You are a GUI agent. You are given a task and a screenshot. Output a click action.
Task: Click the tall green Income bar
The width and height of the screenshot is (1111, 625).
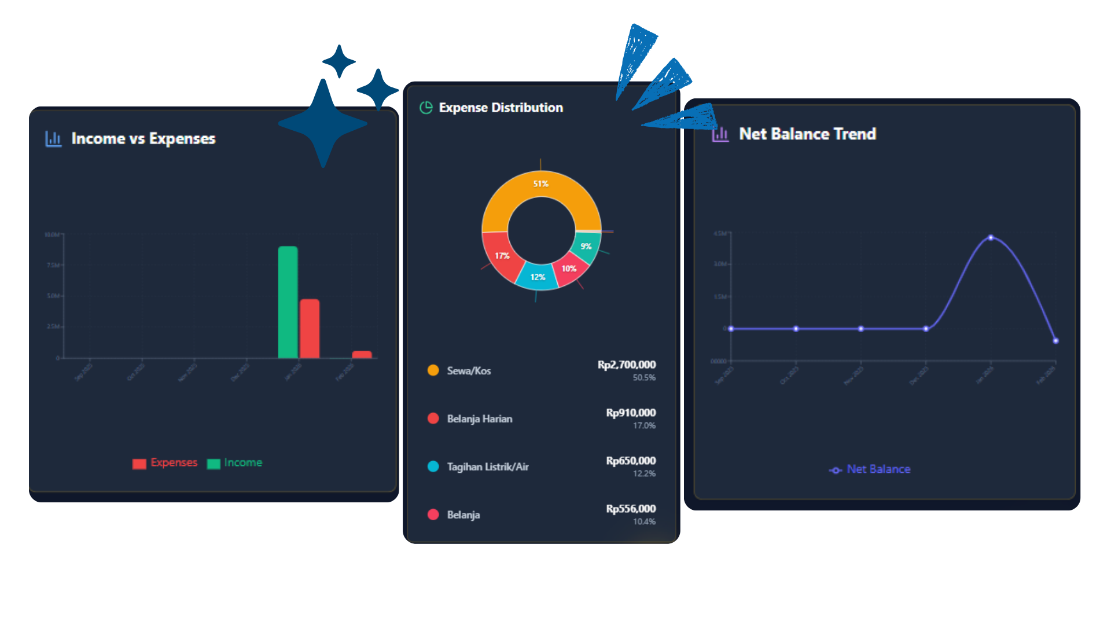[x=288, y=302]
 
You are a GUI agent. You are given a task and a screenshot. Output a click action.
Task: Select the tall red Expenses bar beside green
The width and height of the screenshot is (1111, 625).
[x=310, y=328]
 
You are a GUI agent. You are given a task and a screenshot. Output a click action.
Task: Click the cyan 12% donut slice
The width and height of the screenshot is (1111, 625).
[x=536, y=277]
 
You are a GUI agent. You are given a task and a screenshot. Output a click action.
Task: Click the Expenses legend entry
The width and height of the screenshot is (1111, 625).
[x=165, y=463]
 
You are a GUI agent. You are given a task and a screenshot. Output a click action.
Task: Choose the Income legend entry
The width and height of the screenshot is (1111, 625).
[x=235, y=463]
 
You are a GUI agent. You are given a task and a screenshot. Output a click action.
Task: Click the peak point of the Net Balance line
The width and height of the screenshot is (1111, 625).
[x=991, y=238]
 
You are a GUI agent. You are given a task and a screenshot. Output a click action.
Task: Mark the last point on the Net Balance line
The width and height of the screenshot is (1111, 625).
[x=1055, y=341]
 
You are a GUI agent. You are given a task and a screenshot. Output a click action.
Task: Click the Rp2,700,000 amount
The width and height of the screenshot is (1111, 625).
[x=627, y=365]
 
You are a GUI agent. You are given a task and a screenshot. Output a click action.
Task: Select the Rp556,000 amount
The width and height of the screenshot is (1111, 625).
[x=631, y=509]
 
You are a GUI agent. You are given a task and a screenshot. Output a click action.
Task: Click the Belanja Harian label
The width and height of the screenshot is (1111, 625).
[x=479, y=419]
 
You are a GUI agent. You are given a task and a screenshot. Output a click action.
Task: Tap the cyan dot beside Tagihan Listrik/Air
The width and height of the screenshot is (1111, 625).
[x=433, y=466]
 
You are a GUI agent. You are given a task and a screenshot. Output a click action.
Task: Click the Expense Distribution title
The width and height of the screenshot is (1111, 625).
[x=501, y=108]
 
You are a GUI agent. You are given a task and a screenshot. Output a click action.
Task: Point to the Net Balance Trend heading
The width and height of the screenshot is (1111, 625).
[x=807, y=134]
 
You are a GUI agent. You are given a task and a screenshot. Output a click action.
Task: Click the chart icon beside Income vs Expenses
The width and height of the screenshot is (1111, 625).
[x=53, y=139]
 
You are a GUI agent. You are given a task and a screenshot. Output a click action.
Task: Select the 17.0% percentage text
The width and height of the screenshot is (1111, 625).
[x=644, y=426]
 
